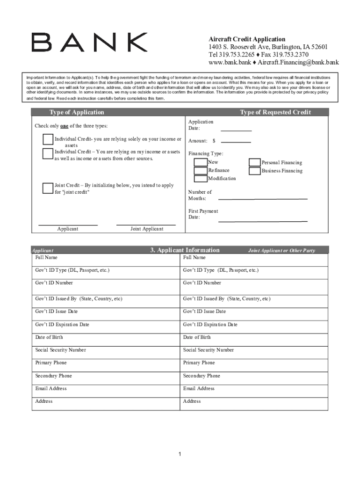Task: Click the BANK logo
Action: [x=89, y=42]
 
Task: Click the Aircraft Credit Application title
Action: [x=247, y=39]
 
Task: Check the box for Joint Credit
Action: [x=47, y=188]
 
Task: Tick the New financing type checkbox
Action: [x=201, y=162]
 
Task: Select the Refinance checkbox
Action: [x=201, y=170]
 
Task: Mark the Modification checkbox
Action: [x=201, y=178]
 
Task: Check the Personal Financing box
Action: [x=255, y=162]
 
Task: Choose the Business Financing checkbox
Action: [x=255, y=171]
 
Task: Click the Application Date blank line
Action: [x=236, y=131]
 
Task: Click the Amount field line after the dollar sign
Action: [x=236, y=142]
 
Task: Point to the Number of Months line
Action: [x=263, y=198]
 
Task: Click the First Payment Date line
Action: [x=263, y=220]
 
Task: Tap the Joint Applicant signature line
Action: [x=146, y=225]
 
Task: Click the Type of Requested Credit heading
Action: [x=275, y=112]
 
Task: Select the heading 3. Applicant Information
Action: [x=185, y=250]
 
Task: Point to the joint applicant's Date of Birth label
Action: [x=197, y=337]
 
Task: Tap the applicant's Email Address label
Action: [x=51, y=388]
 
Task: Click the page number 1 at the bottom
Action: [x=180, y=454]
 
